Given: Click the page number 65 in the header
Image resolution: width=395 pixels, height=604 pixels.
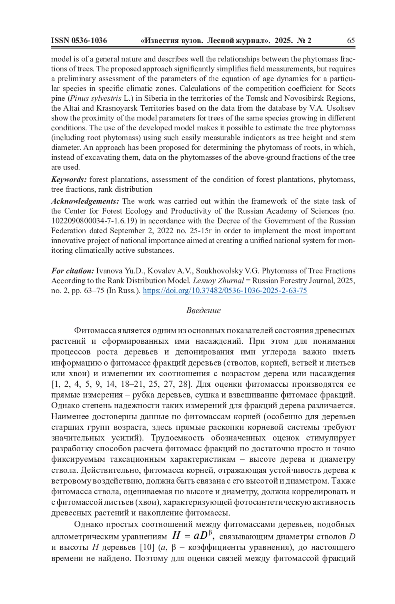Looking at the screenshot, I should tap(351, 40).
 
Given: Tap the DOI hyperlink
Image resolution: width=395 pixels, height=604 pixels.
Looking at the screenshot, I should tap(225, 291).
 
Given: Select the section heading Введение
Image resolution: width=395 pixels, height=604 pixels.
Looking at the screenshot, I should tap(203, 310).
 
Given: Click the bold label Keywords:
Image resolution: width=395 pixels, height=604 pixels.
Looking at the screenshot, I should tap(69, 180).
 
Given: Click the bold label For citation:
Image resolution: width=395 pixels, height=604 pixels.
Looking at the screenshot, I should tap(72, 271).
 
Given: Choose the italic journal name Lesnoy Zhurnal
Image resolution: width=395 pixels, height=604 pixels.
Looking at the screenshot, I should tap(218, 281).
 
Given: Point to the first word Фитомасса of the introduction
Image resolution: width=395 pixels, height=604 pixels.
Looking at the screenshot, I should tap(95, 330).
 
